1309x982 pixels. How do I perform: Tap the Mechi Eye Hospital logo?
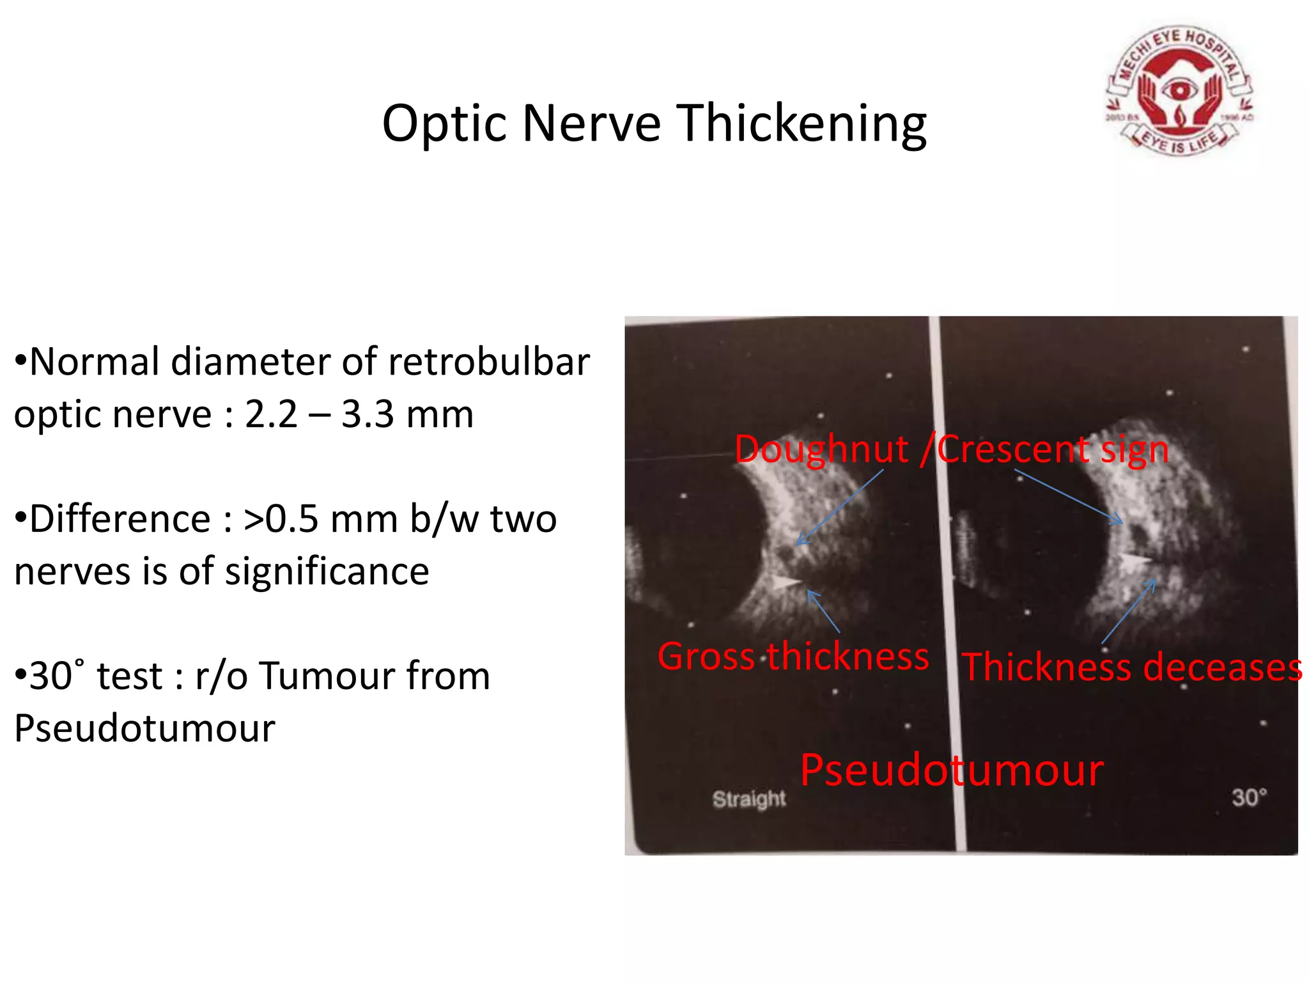click(x=1179, y=91)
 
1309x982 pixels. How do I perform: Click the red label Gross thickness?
click(x=793, y=657)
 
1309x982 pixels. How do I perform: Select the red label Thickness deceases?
click(x=1131, y=667)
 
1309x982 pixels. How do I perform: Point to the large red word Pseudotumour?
click(x=952, y=770)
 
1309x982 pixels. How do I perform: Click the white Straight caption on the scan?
click(x=749, y=799)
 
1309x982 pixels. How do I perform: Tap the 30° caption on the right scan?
click(x=1248, y=797)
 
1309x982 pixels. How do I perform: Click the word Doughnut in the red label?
click(x=821, y=449)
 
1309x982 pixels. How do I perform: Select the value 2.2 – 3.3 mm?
click(x=359, y=414)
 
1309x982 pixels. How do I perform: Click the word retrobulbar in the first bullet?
click(x=488, y=362)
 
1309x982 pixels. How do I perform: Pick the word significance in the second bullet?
click(x=327, y=571)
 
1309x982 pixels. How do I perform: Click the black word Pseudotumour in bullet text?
click(x=145, y=728)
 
